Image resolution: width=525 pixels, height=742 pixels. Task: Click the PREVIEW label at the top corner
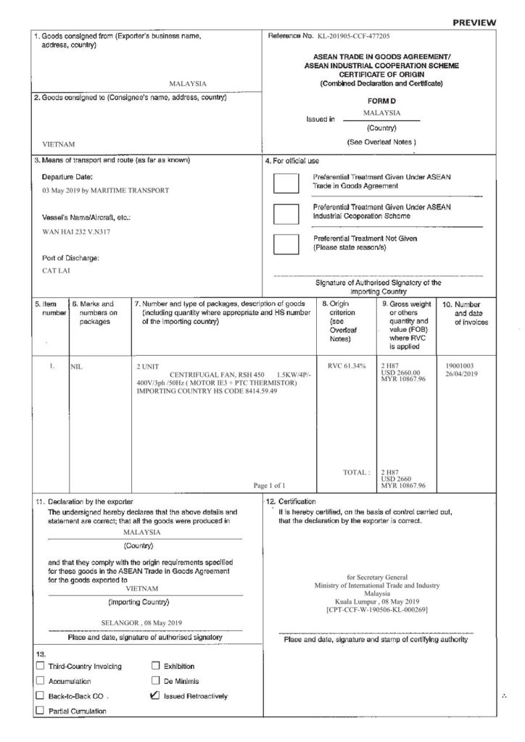click(474, 22)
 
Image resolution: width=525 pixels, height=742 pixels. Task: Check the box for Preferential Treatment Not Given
click(287, 245)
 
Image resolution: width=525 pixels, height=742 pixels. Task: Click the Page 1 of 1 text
click(270, 485)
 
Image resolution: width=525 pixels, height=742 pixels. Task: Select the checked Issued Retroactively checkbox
click(154, 696)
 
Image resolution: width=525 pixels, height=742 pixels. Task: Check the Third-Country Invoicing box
click(41, 666)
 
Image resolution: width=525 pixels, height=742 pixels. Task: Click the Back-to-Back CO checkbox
click(41, 696)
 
